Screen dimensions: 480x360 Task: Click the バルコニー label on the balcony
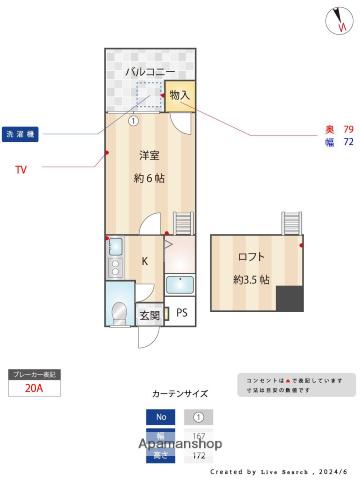click(x=150, y=71)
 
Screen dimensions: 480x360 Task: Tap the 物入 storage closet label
click(x=180, y=95)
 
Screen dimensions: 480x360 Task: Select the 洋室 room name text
click(x=150, y=155)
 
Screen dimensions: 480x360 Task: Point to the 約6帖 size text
click(x=150, y=179)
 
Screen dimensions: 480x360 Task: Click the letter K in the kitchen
click(x=145, y=261)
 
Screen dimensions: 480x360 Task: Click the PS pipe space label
click(x=181, y=313)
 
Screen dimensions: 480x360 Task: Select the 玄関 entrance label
click(x=149, y=316)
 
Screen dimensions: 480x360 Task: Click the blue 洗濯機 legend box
click(x=21, y=132)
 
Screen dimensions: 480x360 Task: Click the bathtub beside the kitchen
click(x=181, y=284)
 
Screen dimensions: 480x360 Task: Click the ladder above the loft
click(x=292, y=222)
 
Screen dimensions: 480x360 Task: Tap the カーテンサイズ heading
click(x=180, y=394)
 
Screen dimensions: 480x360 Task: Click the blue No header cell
click(x=159, y=418)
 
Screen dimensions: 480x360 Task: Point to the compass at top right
click(x=335, y=19)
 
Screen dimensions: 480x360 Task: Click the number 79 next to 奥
click(x=348, y=129)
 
